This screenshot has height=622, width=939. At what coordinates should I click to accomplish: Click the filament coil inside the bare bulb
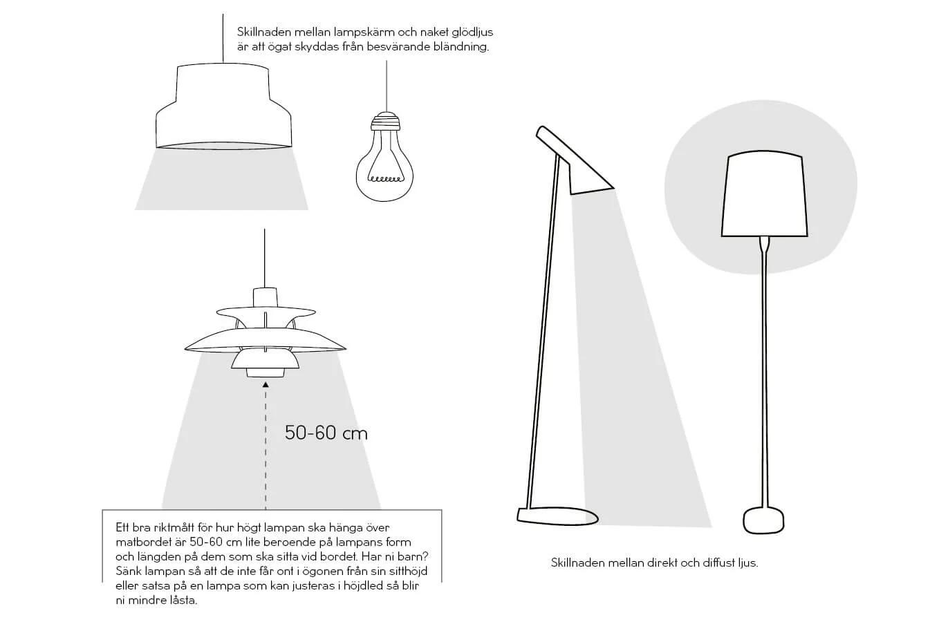[x=385, y=179]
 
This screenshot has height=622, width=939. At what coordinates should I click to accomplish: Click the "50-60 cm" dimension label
[x=326, y=433]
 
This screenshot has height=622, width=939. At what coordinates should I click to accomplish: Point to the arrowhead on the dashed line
[x=266, y=384]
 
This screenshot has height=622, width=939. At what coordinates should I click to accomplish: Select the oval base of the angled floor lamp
[x=557, y=516]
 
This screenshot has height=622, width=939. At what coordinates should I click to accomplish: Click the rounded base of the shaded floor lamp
[x=764, y=520]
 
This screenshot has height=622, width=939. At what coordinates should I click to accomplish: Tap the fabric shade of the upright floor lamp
[x=765, y=194]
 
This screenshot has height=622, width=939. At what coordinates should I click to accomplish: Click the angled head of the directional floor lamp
[x=575, y=160]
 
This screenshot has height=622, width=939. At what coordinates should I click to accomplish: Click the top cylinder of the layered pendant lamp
[x=266, y=297]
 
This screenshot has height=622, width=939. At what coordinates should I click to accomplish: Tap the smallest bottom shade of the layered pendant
[x=266, y=373]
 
